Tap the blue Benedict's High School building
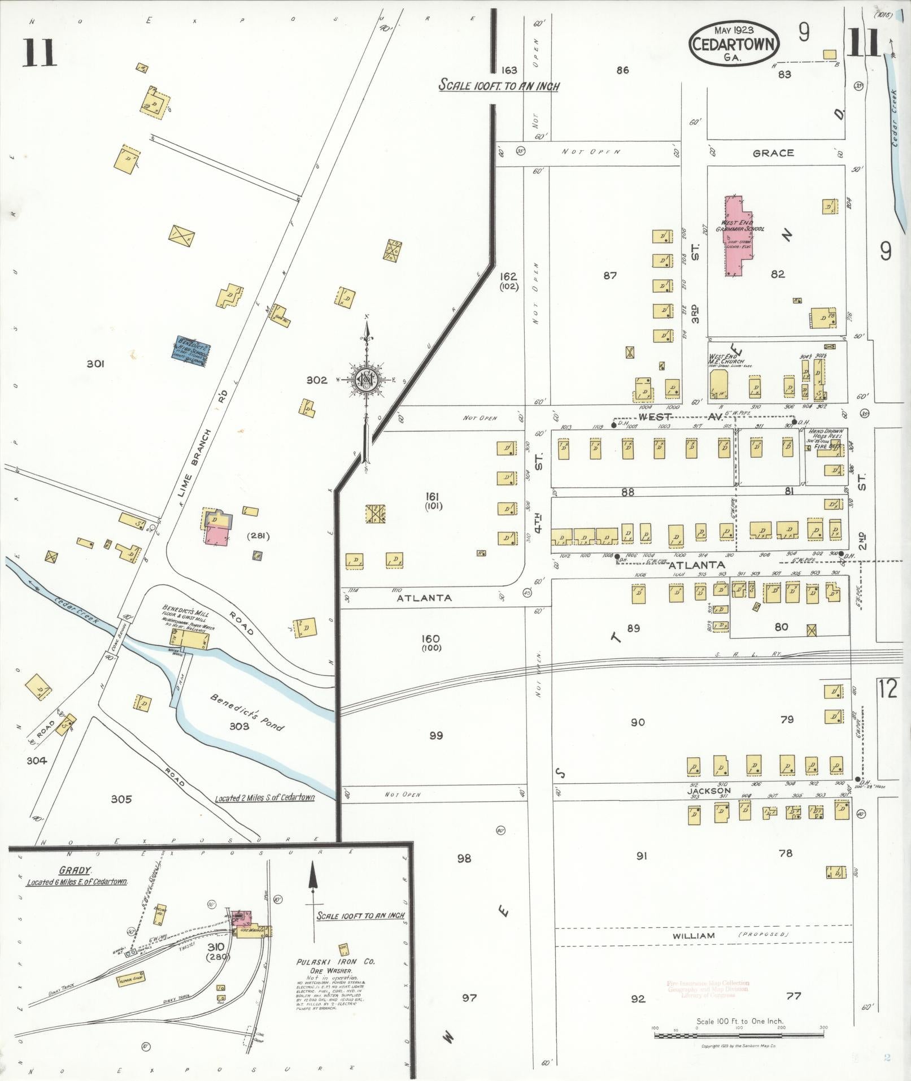click(191, 351)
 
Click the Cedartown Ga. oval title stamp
click(734, 44)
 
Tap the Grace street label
click(773, 153)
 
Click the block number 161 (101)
click(434, 501)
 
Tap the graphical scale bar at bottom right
click(739, 1035)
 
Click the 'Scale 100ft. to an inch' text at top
click(499, 86)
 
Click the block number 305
click(121, 799)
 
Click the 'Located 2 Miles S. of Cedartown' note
click(265, 798)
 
